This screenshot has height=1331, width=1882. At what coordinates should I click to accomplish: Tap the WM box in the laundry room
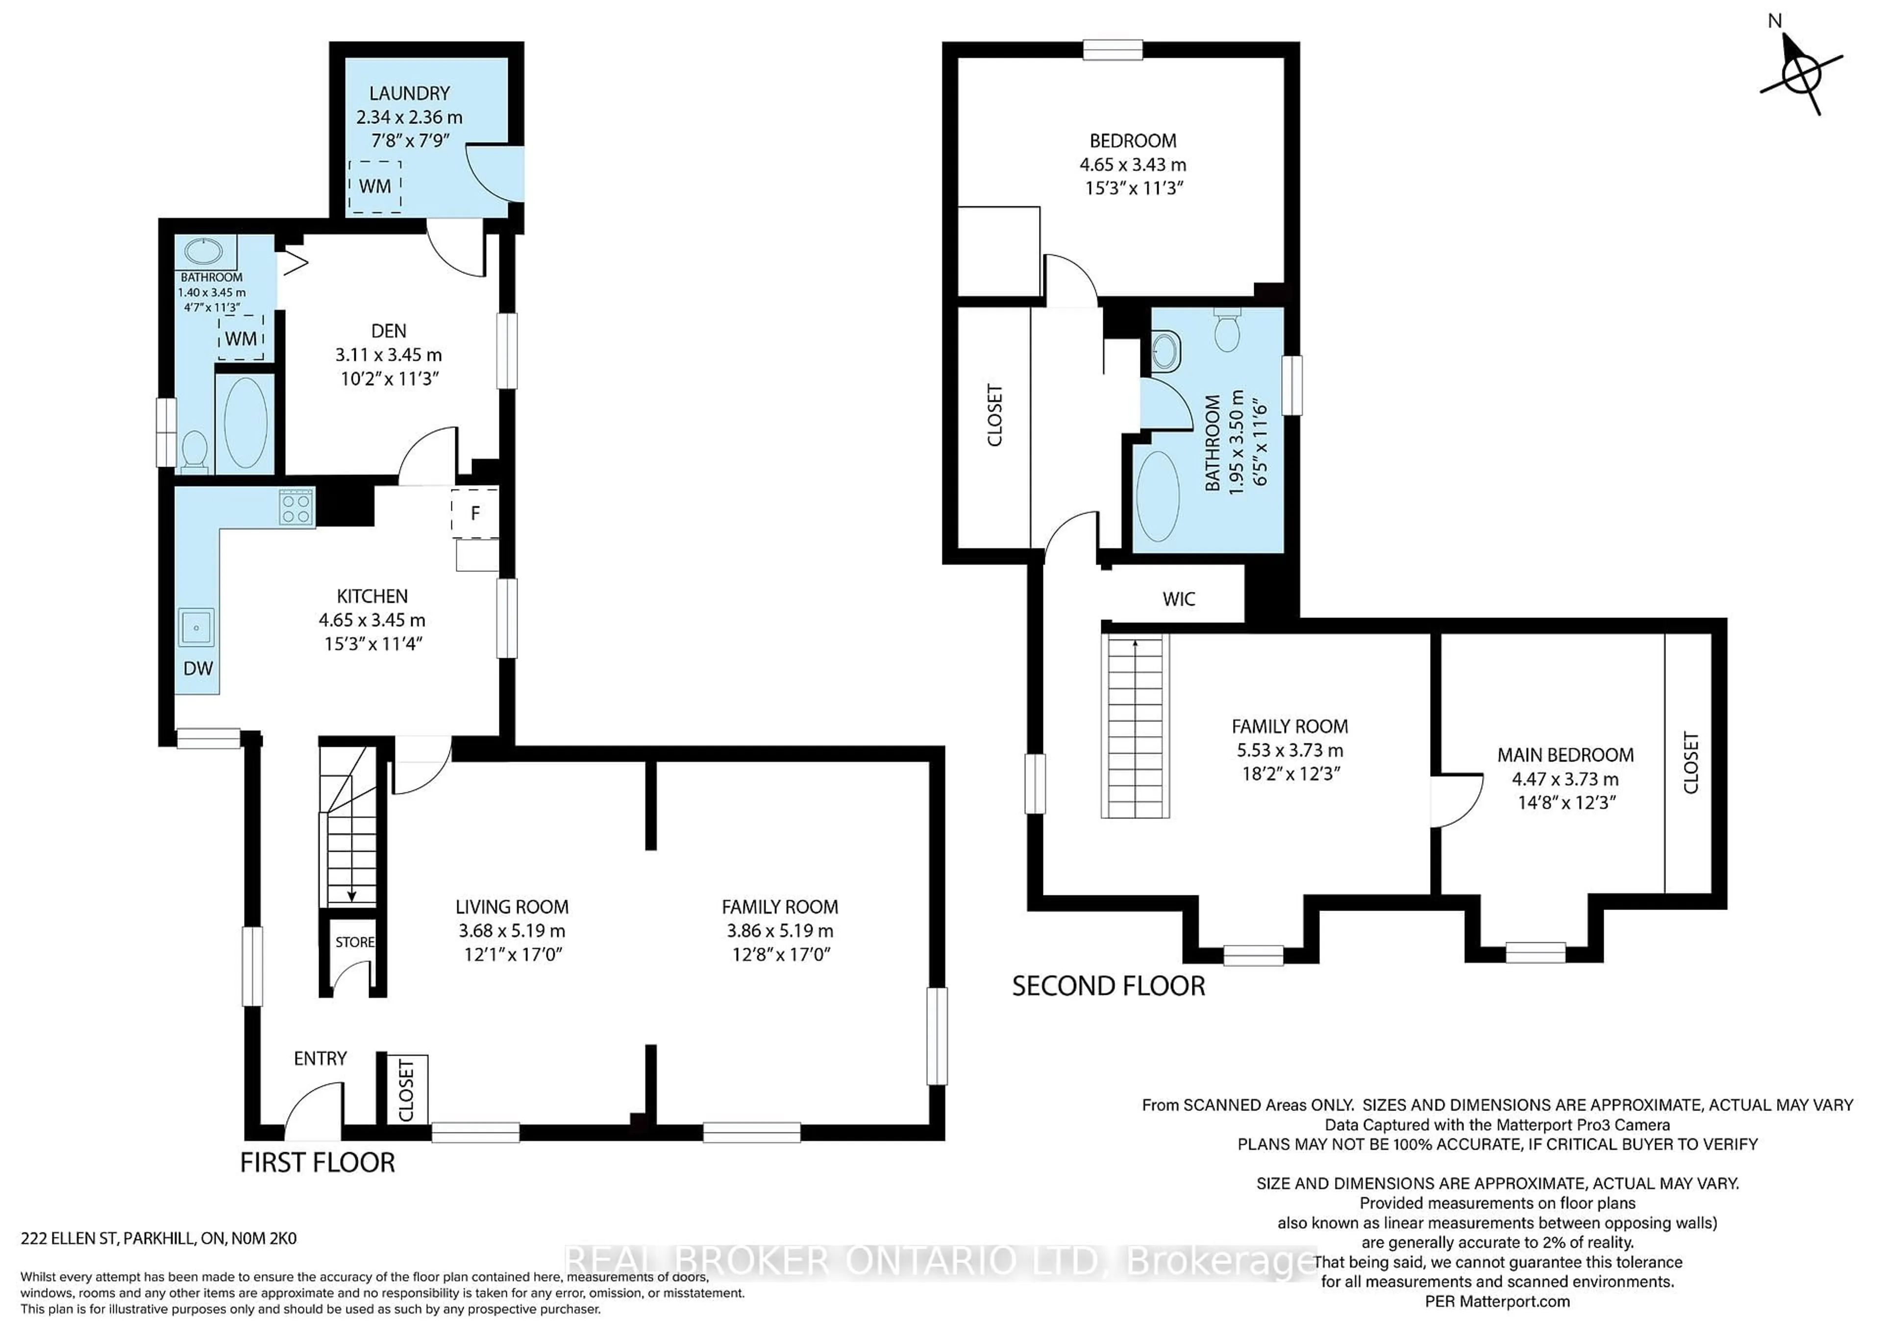coord(374,187)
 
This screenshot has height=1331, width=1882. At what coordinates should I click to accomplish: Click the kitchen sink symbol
coord(196,628)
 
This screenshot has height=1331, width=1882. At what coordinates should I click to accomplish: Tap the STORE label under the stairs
coord(354,942)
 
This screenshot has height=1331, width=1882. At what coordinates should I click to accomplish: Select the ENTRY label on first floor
coord(320,1058)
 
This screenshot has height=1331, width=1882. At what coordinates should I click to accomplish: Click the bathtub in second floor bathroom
coord(1158,496)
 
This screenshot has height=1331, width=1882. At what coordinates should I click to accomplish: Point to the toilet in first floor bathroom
coord(194,451)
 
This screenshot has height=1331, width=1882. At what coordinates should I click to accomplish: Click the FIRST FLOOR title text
coord(317,1162)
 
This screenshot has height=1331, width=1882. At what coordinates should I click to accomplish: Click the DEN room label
coord(389,331)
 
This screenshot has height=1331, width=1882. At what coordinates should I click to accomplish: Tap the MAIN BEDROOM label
coord(1565,755)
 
